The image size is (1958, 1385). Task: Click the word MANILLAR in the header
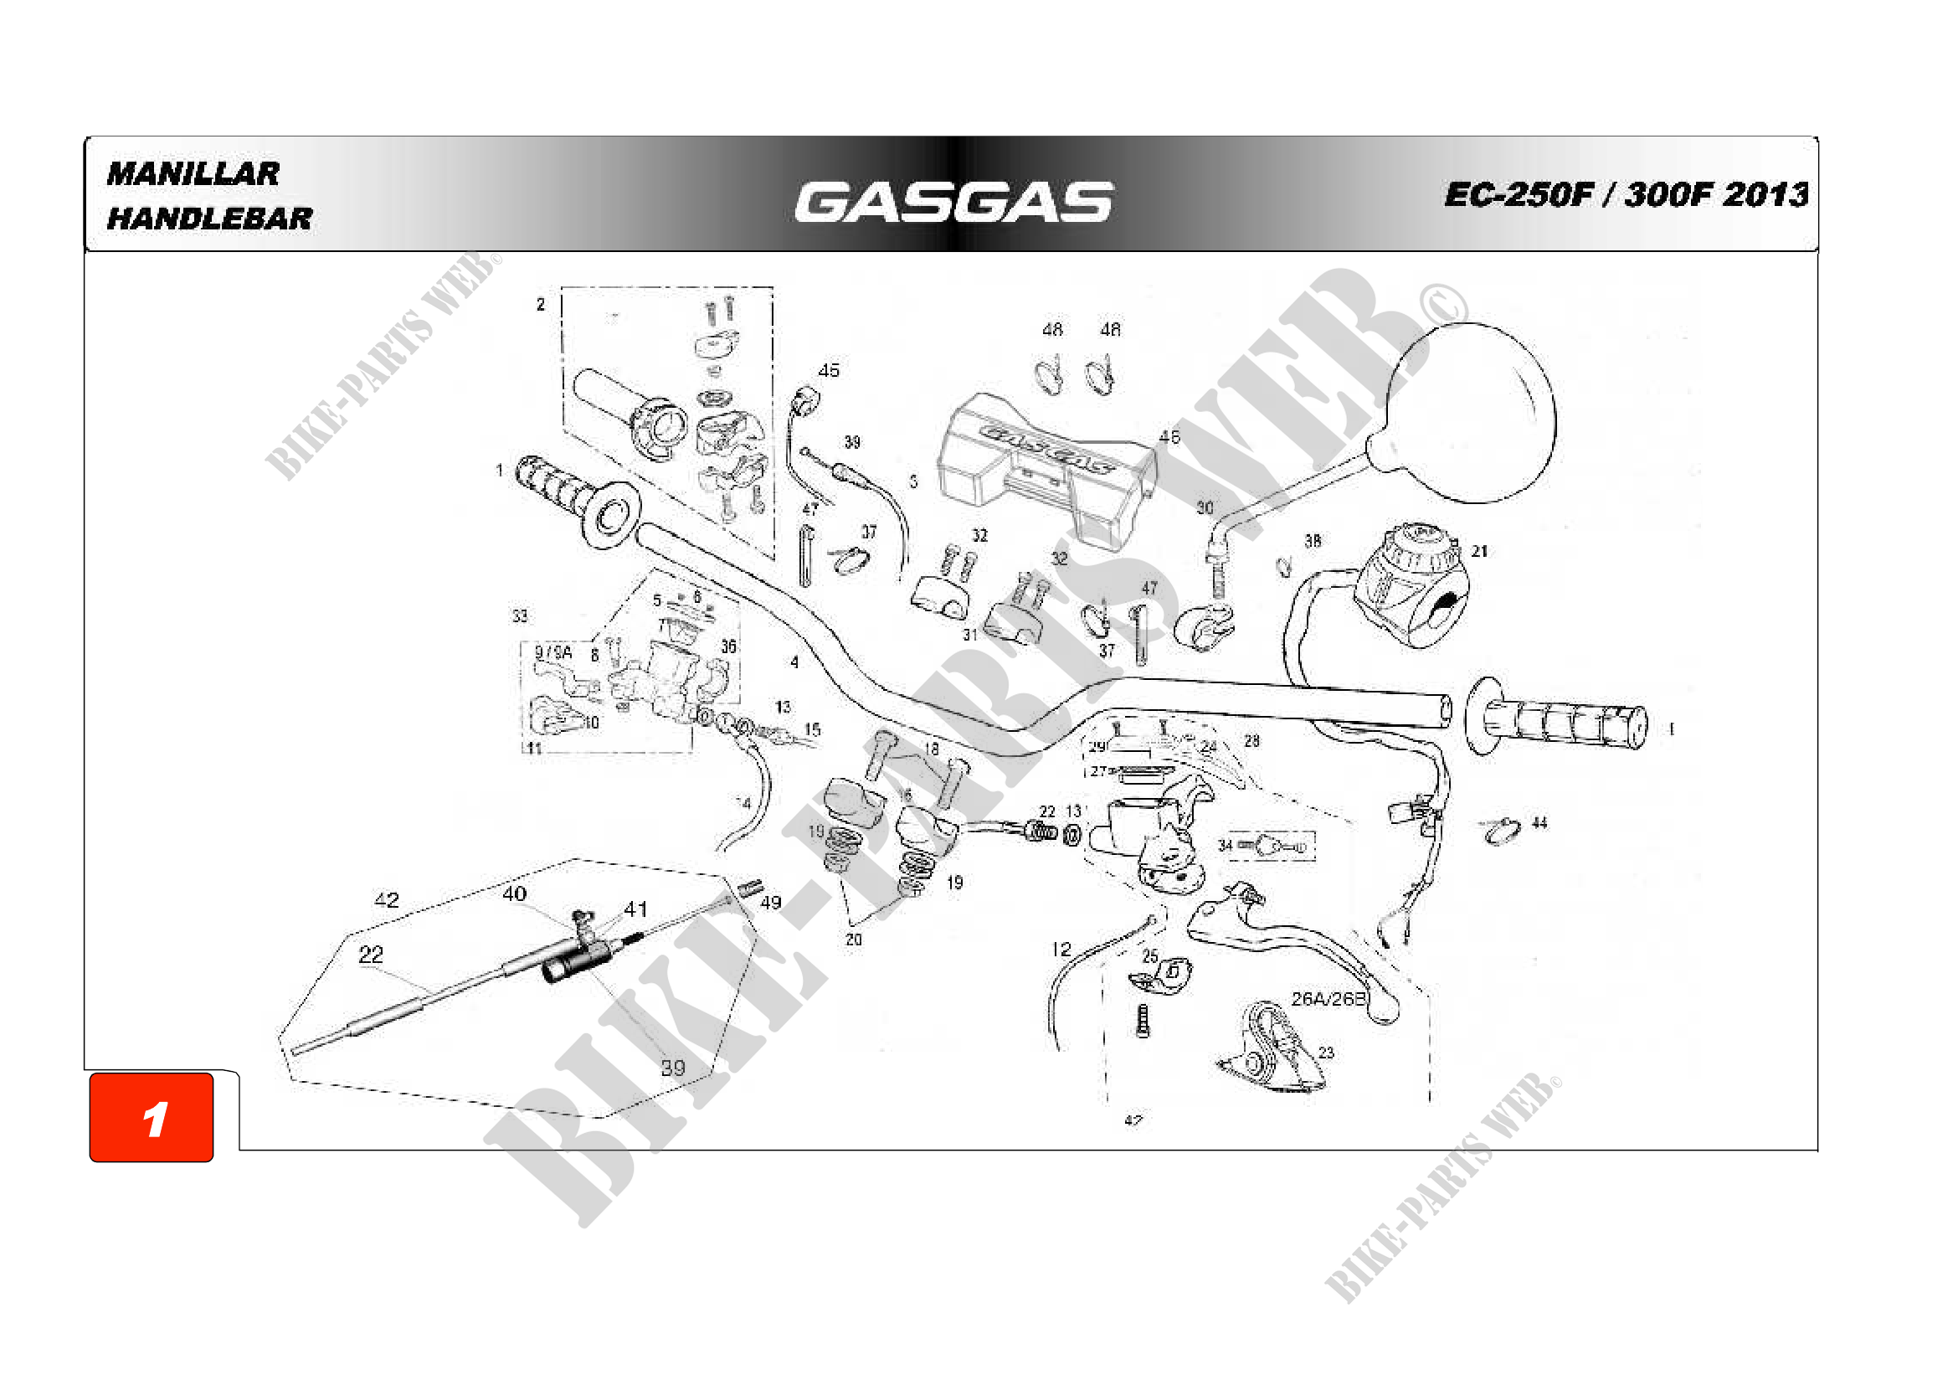[193, 174]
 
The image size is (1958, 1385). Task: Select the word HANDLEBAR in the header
[210, 219]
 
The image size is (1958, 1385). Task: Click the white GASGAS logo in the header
[953, 202]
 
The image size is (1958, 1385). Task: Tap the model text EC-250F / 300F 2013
[1626, 194]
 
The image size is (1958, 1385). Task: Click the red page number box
[152, 1117]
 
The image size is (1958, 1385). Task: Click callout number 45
[828, 370]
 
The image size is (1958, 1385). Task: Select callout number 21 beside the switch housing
[1479, 552]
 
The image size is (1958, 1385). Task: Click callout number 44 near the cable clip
[1539, 823]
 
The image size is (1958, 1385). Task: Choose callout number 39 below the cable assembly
[673, 1068]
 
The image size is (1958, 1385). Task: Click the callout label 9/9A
[552, 652]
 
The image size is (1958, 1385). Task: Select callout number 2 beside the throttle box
[541, 305]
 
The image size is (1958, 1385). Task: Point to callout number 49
[770, 903]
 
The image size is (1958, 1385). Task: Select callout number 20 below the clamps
[854, 939]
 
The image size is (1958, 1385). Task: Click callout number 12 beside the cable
[1061, 950]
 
